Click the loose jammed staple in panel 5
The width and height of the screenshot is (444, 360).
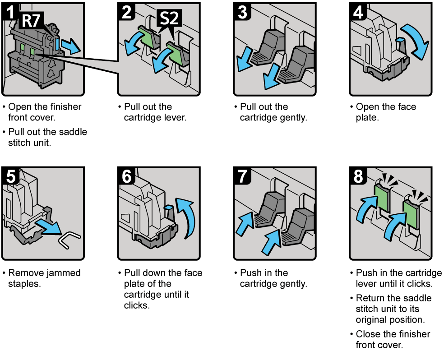click(x=69, y=239)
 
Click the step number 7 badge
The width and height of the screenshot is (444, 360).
click(x=242, y=176)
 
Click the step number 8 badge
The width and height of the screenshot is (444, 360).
click(x=358, y=176)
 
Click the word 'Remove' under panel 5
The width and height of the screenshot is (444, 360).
click(x=25, y=273)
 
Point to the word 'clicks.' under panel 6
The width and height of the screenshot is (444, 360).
click(x=137, y=305)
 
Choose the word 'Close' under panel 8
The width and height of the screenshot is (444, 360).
click(x=367, y=334)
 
